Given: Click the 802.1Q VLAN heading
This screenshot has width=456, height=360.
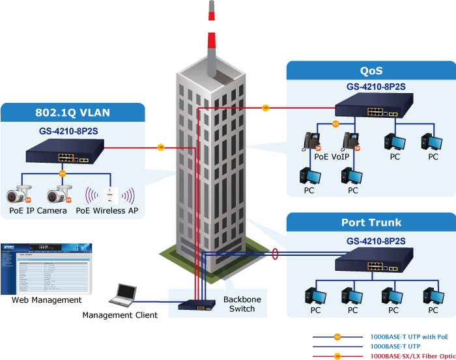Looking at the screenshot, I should click(x=72, y=113).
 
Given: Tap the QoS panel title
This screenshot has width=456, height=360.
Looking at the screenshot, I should click(x=371, y=71).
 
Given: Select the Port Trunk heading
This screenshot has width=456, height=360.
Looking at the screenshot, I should click(x=371, y=223).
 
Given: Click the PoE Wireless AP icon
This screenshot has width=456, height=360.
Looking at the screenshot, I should click(x=111, y=194).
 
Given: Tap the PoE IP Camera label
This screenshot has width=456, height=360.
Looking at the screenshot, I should click(x=38, y=210).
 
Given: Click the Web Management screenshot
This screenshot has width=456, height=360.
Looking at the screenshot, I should click(x=46, y=268).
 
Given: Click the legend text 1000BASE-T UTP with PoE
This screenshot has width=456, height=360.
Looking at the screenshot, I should click(x=409, y=337).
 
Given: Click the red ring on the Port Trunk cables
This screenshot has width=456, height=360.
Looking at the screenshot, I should click(x=276, y=253).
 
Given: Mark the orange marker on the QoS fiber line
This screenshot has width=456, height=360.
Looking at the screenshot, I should click(x=265, y=107).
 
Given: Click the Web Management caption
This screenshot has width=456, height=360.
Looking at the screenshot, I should click(x=47, y=300).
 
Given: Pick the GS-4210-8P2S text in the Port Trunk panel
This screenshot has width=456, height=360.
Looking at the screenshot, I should click(x=376, y=241).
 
